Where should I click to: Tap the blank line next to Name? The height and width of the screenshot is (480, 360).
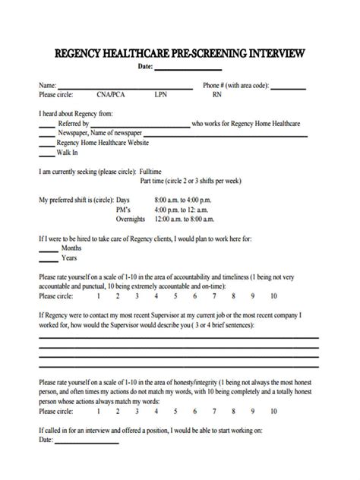click(114, 87)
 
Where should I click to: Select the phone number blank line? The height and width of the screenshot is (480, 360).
click(288, 87)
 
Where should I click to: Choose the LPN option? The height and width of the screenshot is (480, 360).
click(161, 96)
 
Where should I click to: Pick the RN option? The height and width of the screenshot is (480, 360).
click(217, 96)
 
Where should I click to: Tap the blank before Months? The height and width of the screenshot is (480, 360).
click(48, 249)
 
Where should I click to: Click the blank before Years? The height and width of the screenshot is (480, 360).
click(48, 259)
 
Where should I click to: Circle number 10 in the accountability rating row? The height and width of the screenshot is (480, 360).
click(273, 296)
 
